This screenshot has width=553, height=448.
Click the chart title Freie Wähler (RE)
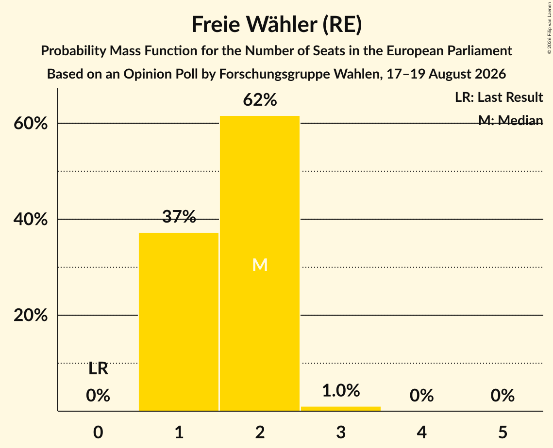coord(277,25)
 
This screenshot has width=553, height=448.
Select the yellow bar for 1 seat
coord(179,321)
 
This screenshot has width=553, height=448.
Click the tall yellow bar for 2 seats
coord(260,263)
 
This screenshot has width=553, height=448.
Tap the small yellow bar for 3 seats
coord(341,409)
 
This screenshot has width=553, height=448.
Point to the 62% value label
coord(260,100)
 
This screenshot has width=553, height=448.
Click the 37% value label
coord(179,217)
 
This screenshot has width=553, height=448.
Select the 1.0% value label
coord(341,391)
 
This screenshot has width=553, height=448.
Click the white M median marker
coord(260,265)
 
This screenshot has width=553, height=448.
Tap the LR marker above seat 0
coord(98,369)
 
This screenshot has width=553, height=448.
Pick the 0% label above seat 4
coord(422,396)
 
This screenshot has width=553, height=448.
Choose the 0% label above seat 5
coord(503,396)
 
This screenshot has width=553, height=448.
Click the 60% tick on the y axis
coord(30,124)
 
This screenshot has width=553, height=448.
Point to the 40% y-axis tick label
coord(30,220)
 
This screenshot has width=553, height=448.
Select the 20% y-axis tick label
coord(30,315)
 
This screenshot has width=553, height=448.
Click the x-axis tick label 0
coord(98,432)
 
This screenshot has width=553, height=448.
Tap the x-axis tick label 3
coord(341,432)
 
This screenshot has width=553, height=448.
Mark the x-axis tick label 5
coord(503,432)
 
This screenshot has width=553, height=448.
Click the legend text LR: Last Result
coord(499,97)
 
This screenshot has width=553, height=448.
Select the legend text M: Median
coord(511,120)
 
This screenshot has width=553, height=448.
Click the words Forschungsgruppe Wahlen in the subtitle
coord(300,74)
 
